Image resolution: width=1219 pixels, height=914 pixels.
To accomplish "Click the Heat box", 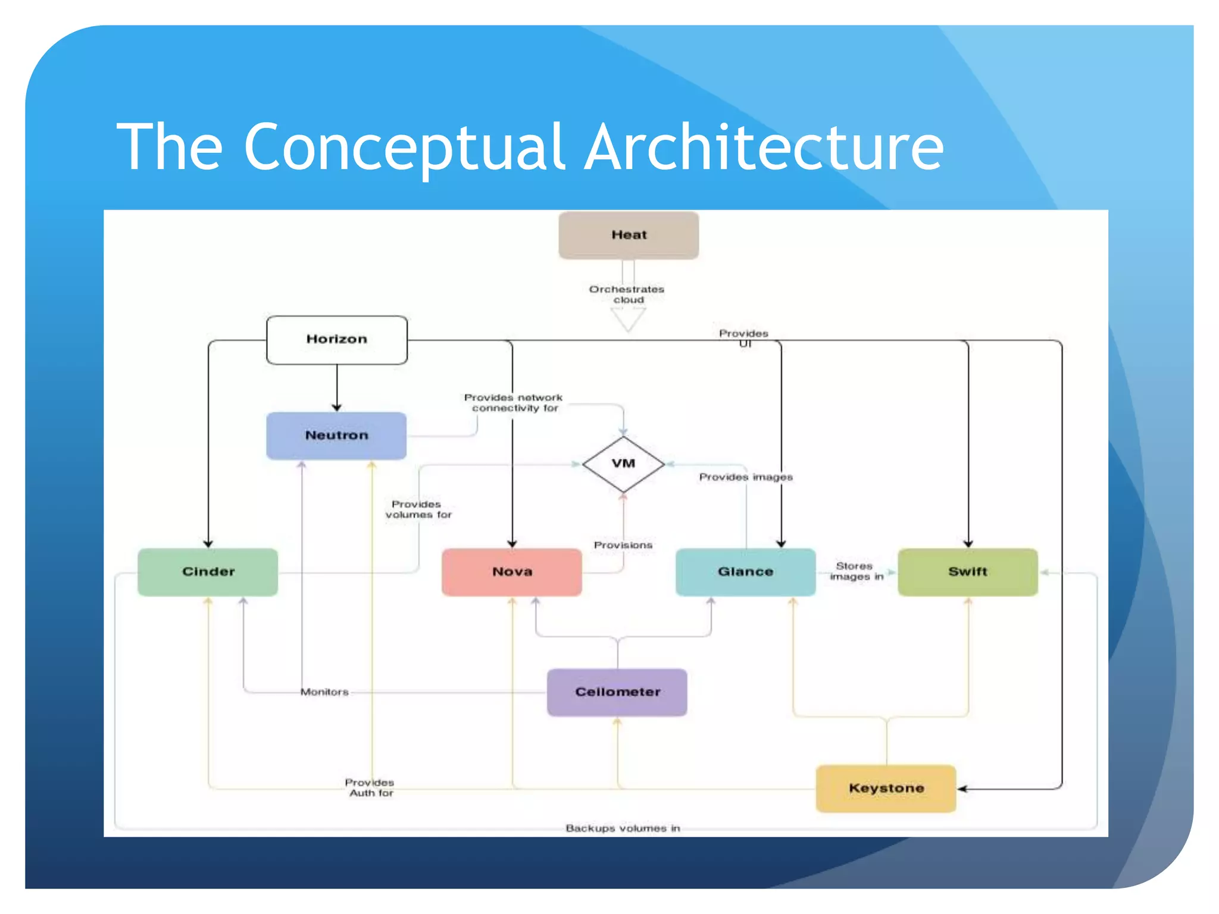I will [x=629, y=235].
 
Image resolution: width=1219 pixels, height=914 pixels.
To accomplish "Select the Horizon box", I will [x=337, y=339].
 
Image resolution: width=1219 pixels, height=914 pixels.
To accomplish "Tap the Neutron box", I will [x=336, y=436].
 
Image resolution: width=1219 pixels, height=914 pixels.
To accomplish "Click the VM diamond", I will [x=623, y=464].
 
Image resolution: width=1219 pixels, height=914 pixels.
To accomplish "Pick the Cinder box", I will [x=208, y=572].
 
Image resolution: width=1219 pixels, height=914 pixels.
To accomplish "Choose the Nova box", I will [x=512, y=572].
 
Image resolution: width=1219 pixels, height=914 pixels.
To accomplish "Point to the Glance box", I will [x=745, y=572].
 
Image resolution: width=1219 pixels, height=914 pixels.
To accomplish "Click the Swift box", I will [x=968, y=572].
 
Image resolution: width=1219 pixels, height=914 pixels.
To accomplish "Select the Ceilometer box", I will [x=617, y=692].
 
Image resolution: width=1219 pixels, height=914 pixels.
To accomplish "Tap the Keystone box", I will [x=886, y=788].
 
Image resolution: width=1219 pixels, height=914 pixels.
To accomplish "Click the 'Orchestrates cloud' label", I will [x=627, y=295].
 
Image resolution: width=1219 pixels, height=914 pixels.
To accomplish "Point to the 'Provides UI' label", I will [x=744, y=338].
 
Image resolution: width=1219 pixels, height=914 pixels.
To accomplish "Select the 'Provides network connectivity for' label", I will [x=514, y=403].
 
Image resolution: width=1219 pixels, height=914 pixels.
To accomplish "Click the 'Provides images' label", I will [x=746, y=477].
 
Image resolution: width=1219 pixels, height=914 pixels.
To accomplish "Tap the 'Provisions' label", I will [x=623, y=545].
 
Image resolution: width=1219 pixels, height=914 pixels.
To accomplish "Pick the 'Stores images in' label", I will [x=855, y=571].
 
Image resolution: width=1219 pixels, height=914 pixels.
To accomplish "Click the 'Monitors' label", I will [x=324, y=692].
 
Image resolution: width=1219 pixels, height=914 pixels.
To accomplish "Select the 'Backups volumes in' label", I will [x=623, y=828].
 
